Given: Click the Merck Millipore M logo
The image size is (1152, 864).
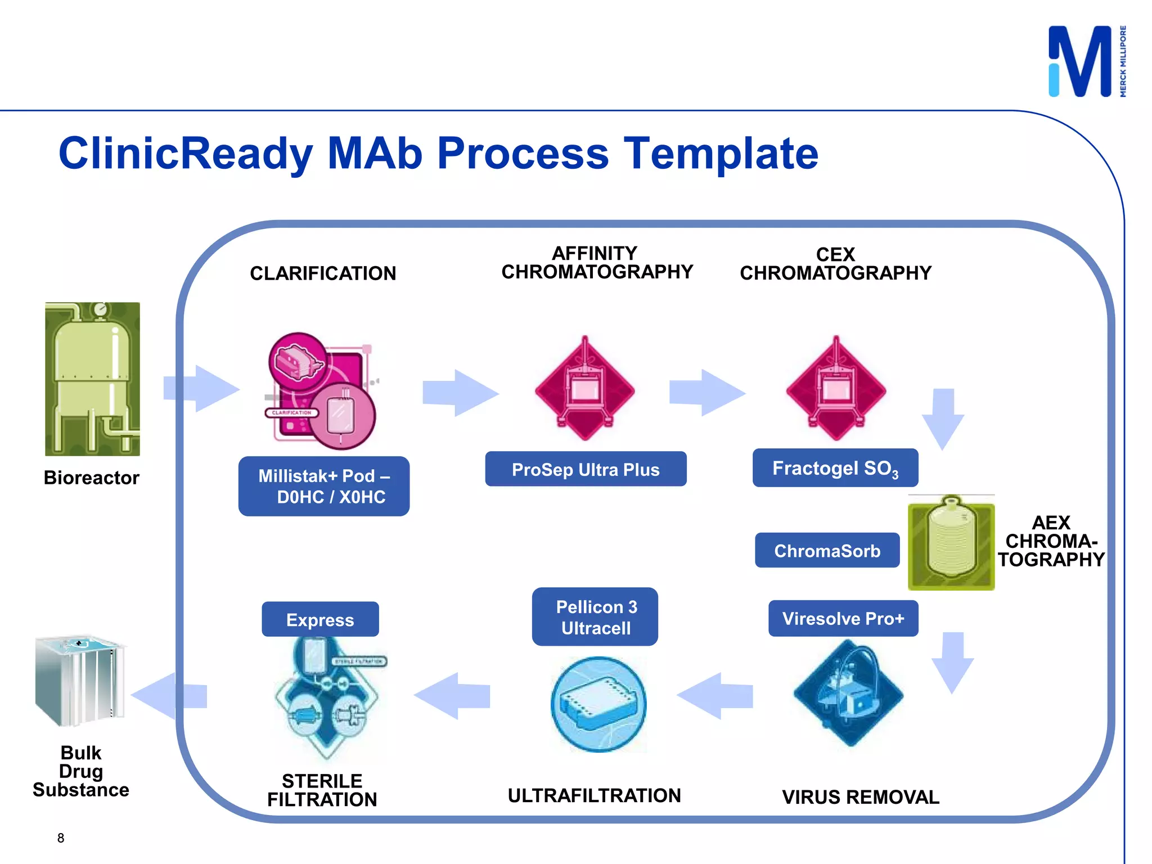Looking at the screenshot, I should pyautogui.click(x=1081, y=62).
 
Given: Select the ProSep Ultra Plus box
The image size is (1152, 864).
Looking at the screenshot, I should pyautogui.click(x=586, y=469).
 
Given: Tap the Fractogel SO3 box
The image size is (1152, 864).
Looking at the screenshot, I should pyautogui.click(x=835, y=468).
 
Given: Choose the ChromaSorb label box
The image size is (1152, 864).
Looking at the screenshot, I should pyautogui.click(x=827, y=551).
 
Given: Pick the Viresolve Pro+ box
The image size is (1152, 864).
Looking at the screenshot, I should pyautogui.click(x=843, y=619).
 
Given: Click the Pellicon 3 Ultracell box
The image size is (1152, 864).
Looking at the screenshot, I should pyautogui.click(x=595, y=617).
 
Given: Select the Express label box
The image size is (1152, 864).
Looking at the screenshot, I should pyautogui.click(x=320, y=619).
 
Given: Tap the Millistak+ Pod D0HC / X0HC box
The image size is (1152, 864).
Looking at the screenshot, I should pyautogui.click(x=323, y=487).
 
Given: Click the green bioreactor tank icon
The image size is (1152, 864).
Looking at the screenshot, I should pyautogui.click(x=93, y=379).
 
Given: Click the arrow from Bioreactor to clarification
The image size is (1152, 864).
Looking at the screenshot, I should pyautogui.click(x=201, y=388).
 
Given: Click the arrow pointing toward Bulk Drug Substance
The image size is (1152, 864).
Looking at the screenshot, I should pyautogui.click(x=169, y=696).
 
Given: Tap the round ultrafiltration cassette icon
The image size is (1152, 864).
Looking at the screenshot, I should pyautogui.click(x=598, y=704).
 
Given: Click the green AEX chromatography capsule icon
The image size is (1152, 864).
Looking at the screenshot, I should pyautogui.click(x=951, y=543).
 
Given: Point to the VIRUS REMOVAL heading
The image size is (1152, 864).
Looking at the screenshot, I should pyautogui.click(x=860, y=797).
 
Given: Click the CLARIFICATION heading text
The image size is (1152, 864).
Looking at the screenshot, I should pyautogui.click(x=323, y=273).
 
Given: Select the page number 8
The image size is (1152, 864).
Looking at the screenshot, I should pyautogui.click(x=61, y=838).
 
